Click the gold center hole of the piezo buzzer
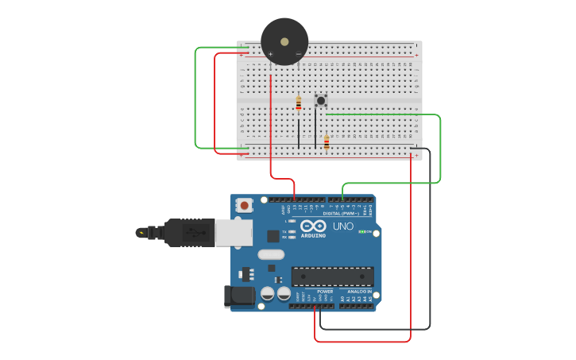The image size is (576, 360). tap(284, 41)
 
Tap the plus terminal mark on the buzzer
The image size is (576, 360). tap(271, 54)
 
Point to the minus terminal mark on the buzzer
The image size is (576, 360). tap(298, 54)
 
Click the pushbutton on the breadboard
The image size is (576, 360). tap(321, 100)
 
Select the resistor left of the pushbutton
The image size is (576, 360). tap(298, 103)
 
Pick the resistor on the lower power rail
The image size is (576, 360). tap(327, 143)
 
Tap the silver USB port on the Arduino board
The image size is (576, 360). tap(234, 232)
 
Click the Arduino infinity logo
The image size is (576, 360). tap(313, 226)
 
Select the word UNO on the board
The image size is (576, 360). tap(342, 226)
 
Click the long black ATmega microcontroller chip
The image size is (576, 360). tap(332, 276)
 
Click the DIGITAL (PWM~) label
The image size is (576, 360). tap(338, 213)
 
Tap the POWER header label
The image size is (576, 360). tap(325, 292)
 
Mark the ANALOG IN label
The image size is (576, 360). tap(359, 292)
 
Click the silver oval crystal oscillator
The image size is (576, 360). tap(270, 255)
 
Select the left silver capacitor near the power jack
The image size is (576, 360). tap(268, 294)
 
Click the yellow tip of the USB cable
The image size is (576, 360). tap(141, 233)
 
